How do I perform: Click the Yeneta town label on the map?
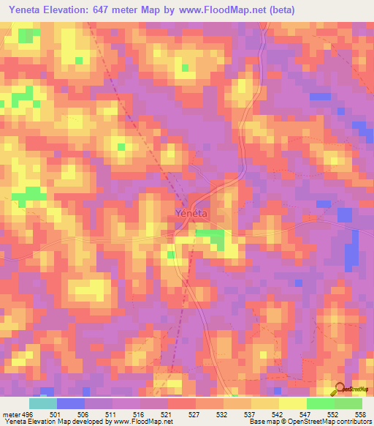coord(191,213)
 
